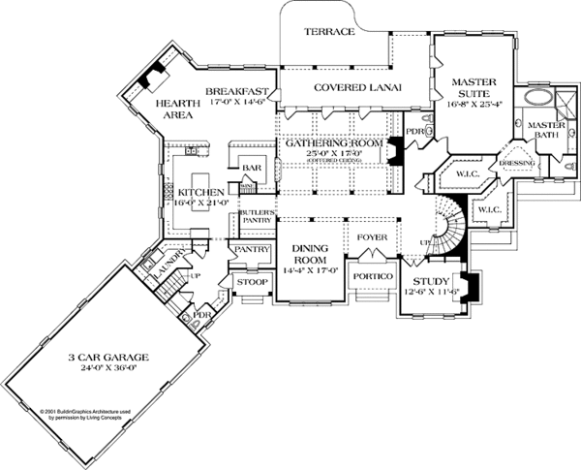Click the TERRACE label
329,32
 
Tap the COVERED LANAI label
354,87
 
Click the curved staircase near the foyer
443,233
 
